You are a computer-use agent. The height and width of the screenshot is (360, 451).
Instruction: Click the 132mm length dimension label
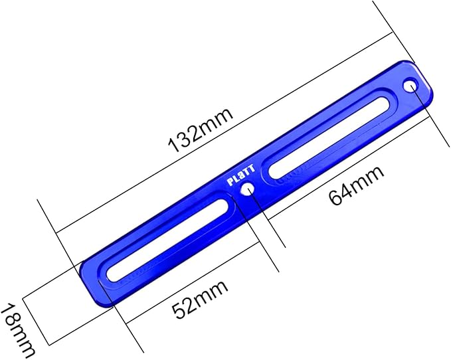[201, 130]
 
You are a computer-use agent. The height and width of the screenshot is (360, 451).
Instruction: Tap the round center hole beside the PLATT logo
[247, 190]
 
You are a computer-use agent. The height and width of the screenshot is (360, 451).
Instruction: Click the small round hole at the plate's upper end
[410, 86]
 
